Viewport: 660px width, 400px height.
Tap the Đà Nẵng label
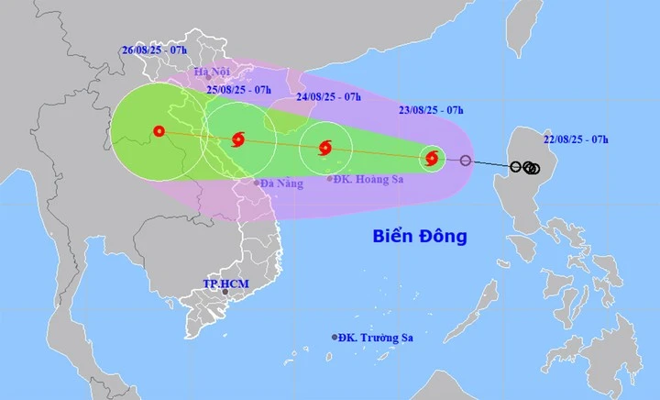click(281, 183)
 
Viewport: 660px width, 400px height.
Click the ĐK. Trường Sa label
click(375, 338)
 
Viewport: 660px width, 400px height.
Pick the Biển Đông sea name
click(420, 236)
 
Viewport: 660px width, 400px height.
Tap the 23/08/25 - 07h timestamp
click(431, 110)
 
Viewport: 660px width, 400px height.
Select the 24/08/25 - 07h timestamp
click(328, 95)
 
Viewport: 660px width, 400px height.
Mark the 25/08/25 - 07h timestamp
click(238, 89)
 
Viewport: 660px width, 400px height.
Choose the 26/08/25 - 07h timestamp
click(153, 51)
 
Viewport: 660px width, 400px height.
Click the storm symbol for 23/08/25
click(432, 159)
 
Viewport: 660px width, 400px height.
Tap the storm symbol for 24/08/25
click(325, 148)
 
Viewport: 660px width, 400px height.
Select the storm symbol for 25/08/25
click(238, 140)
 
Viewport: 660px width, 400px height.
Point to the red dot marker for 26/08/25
click(160, 131)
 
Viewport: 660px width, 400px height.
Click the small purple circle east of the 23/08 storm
click(466, 161)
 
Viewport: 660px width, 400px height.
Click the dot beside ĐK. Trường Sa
click(334, 338)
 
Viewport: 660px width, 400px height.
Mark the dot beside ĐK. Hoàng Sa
click(329, 179)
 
